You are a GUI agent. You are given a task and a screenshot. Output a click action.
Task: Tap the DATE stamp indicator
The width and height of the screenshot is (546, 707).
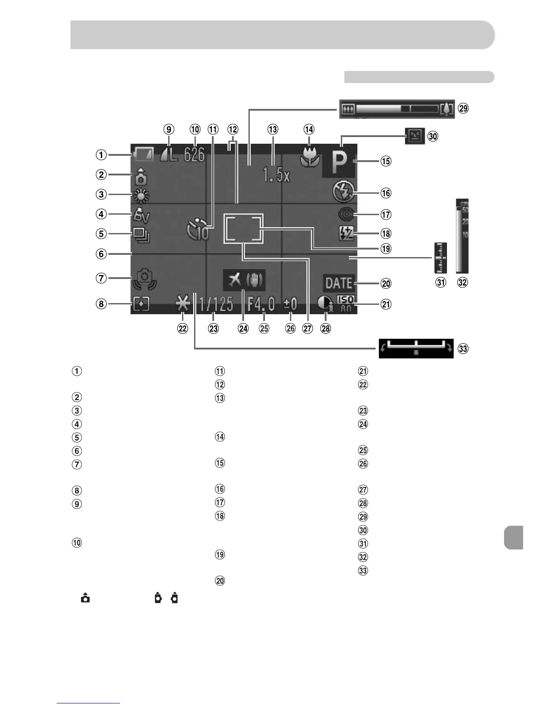339,283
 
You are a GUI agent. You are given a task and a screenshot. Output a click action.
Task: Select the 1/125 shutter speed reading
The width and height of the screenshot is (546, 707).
216,304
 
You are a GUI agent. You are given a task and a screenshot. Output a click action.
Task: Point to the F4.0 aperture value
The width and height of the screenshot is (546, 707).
261,304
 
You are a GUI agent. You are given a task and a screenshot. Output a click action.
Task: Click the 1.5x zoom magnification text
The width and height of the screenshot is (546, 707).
277,175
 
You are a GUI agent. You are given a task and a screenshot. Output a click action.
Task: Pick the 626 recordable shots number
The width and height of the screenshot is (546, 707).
194,155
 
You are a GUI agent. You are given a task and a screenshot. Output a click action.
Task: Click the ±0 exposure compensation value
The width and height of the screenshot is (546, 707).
290,304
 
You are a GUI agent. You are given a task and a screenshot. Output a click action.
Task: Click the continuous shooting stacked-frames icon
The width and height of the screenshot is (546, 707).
143,234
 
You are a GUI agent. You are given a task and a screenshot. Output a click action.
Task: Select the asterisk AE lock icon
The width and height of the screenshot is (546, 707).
183,304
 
